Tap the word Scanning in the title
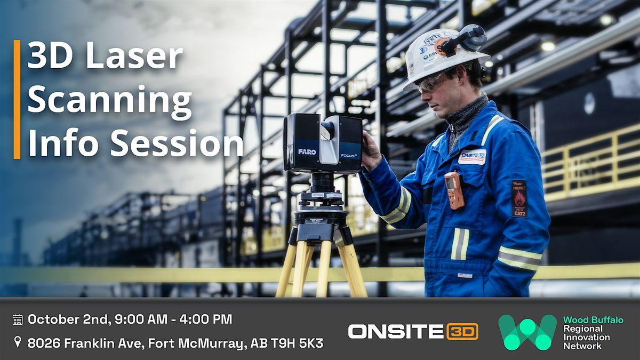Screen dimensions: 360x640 [x=109, y=101]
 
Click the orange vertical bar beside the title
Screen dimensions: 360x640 [x=17, y=99]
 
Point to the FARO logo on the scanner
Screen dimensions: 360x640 [x=307, y=152]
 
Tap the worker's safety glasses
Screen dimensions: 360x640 [x=431, y=83]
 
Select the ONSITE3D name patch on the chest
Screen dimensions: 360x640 [x=472, y=157]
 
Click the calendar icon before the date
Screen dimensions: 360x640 [x=18, y=320]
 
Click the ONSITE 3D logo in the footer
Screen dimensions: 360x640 [x=413, y=331]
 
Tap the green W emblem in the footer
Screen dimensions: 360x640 [x=527, y=332]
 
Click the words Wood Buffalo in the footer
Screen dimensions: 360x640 [x=593, y=320]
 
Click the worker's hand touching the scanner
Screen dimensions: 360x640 [x=370, y=150]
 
